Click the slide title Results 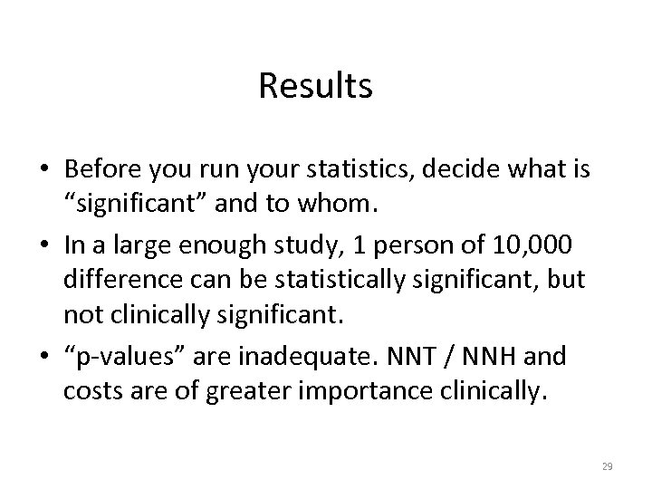[x=315, y=86]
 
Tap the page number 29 [x=607, y=465]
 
